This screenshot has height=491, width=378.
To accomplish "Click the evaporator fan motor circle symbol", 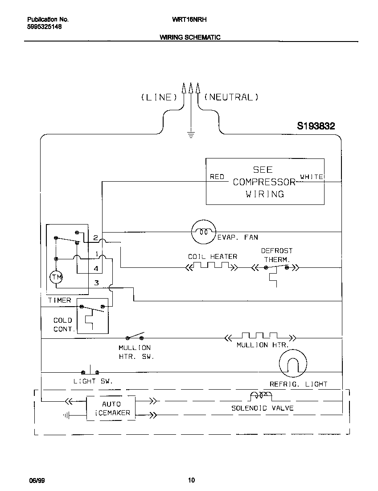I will (x=203, y=232).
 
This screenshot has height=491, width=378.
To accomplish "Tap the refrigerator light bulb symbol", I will (x=293, y=363).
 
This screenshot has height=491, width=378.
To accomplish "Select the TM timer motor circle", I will (x=56, y=278).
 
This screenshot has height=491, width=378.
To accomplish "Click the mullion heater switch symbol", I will (x=136, y=336).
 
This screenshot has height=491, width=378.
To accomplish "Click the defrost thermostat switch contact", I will (x=276, y=268).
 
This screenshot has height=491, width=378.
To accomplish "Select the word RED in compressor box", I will (x=217, y=177).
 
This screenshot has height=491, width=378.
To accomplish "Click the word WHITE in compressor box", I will (x=312, y=177).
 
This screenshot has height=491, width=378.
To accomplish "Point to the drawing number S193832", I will (x=316, y=126).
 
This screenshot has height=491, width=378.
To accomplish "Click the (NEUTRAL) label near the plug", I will (x=231, y=97).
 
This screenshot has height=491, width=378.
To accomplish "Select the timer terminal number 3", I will (x=96, y=283).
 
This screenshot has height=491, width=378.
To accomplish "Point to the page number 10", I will (x=191, y=480).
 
